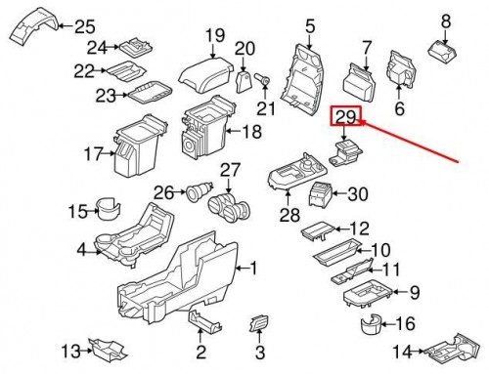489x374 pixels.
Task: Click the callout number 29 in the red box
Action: (x=346, y=119)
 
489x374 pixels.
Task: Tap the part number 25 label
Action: (x=85, y=26)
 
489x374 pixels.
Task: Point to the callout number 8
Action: (x=447, y=20)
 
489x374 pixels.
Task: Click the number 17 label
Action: (x=93, y=153)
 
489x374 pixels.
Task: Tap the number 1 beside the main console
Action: (x=253, y=267)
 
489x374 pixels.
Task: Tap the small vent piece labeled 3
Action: (x=259, y=322)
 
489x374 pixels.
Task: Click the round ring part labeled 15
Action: (x=108, y=208)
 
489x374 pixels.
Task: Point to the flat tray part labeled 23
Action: (x=149, y=94)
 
